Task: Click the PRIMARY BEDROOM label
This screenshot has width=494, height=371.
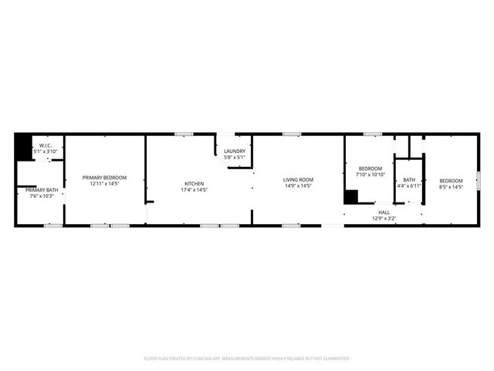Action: (x=105, y=178)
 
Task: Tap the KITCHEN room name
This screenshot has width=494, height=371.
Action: (x=194, y=183)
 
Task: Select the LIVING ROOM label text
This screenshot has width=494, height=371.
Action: (x=298, y=179)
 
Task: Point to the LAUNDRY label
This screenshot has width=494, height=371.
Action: (x=235, y=151)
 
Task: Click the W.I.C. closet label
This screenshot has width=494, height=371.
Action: (x=46, y=145)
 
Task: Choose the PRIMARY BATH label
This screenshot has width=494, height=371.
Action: (x=42, y=190)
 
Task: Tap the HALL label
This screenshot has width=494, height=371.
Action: (x=384, y=212)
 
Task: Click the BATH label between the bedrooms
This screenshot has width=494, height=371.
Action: (x=408, y=179)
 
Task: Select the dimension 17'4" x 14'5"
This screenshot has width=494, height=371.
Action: (x=194, y=189)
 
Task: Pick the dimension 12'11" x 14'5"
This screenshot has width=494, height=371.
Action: (x=105, y=184)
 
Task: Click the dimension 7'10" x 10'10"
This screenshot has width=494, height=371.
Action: (x=370, y=175)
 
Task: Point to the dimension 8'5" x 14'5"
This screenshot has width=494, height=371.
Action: (x=451, y=185)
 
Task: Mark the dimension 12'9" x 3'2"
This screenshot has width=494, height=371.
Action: (x=384, y=218)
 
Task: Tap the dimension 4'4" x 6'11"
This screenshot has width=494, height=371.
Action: (x=408, y=185)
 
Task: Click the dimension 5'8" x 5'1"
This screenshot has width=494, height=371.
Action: (x=235, y=157)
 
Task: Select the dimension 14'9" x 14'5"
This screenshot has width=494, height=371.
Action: (x=298, y=185)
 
